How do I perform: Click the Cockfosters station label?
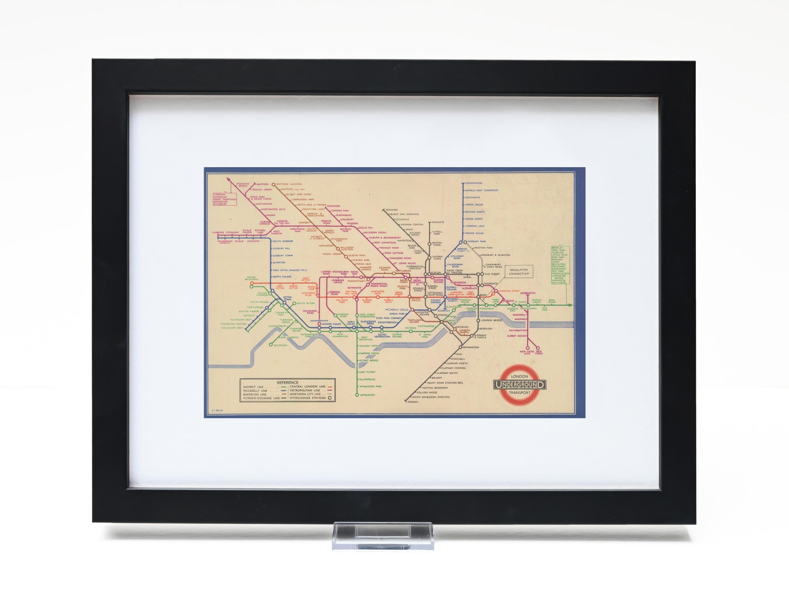pos(473,182)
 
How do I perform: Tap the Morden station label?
pos(413,402)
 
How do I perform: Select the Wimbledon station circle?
pos(358,395)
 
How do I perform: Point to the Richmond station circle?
pos(271,345)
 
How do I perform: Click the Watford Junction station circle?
pos(279,183)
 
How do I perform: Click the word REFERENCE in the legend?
pos(287,382)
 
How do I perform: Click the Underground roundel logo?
pos(520,385)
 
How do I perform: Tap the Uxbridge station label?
pos(217,232)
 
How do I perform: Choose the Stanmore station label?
pos(333,206)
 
